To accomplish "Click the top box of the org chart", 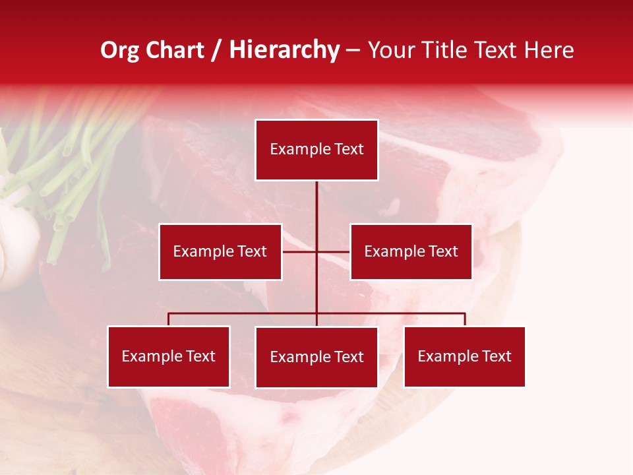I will (x=316, y=150).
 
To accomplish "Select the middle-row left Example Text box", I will (x=220, y=251).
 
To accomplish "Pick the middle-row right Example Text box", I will (x=411, y=251).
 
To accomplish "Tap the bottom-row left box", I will (x=169, y=356).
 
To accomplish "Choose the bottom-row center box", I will (x=316, y=357).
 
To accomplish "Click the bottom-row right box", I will (x=464, y=356).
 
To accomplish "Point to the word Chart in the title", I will (x=175, y=50).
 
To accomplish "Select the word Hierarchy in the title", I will (x=284, y=50).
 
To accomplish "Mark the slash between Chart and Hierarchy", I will (x=216, y=51).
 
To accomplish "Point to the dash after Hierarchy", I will (x=353, y=51).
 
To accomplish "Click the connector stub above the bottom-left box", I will (x=169, y=319).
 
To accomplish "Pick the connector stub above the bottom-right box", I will (x=465, y=319).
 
